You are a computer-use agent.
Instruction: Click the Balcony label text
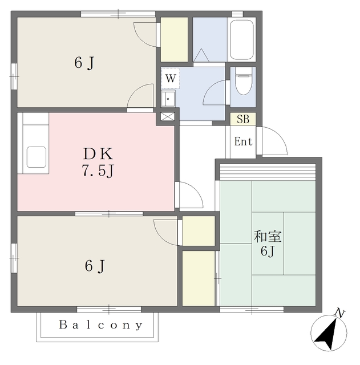tap(100, 325)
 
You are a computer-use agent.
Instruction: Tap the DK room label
tap(98, 153)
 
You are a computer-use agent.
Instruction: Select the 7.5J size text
tap(98, 170)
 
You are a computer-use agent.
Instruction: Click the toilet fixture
tap(244, 81)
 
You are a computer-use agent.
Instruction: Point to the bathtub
tap(241, 40)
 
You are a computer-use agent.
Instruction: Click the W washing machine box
tap(171, 78)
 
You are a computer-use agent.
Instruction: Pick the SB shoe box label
tap(243, 119)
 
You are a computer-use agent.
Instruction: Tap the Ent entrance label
tap(244, 141)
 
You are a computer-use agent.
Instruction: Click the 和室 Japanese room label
tap(268, 236)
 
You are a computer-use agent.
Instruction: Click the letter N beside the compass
tap(340, 314)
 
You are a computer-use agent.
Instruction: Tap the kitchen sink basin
tap(37, 157)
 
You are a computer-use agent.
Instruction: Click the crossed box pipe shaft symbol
tap(167, 116)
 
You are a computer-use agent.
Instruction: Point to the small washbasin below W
tap(168, 99)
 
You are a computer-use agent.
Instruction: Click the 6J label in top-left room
tap(84, 63)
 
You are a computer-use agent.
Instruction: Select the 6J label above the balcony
tap(95, 266)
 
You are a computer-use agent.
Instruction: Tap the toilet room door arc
tap(209, 88)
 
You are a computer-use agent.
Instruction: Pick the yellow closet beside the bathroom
tap(175, 39)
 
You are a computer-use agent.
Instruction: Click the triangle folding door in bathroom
tap(201, 55)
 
